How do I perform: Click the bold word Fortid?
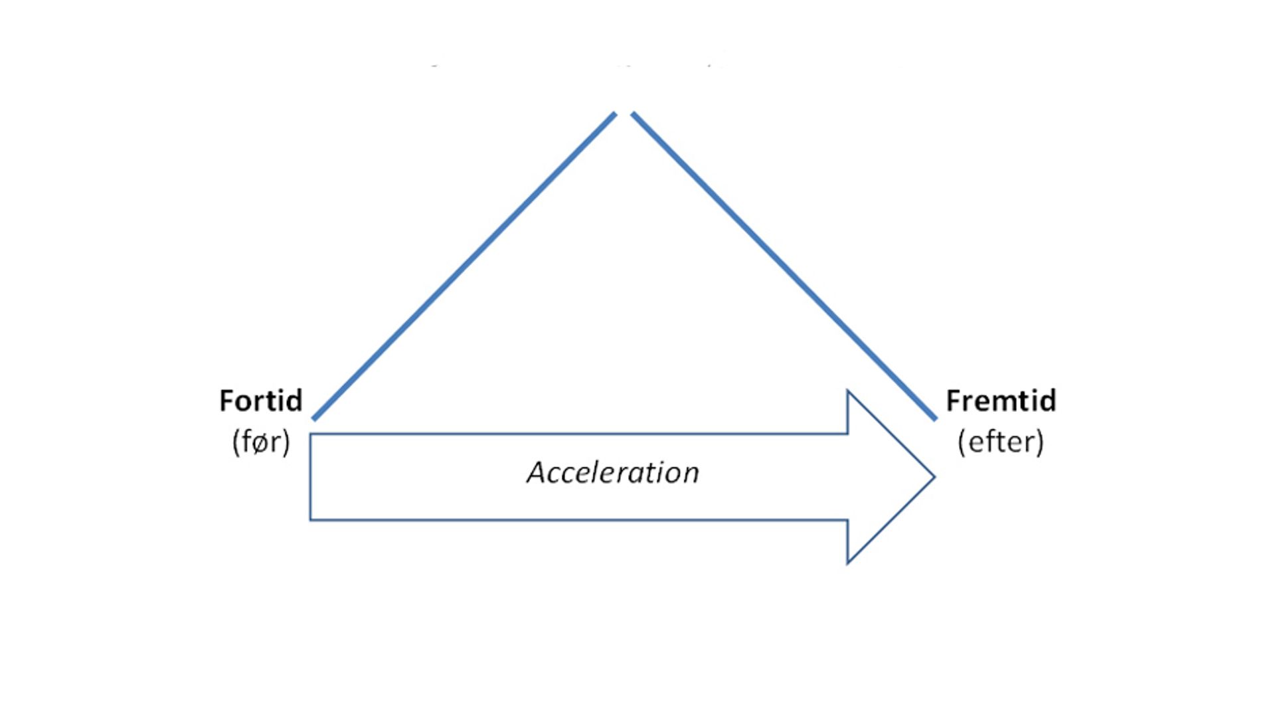(260, 401)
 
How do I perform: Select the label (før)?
(261, 442)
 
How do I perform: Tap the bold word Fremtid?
(1001, 401)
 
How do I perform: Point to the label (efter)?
(1001, 442)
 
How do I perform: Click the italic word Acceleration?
(613, 473)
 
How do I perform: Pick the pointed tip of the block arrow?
(934, 477)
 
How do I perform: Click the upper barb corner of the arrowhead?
(848, 391)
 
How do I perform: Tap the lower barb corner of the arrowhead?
(848, 563)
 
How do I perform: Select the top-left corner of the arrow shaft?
(311, 434)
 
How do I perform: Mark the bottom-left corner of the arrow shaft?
(311, 519)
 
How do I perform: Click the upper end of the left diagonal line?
(615, 114)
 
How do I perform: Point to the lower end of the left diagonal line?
(314, 418)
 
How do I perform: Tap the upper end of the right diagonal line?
(633, 114)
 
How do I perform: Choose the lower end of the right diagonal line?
(935, 418)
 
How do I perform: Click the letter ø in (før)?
(261, 442)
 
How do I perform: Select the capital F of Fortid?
(226, 401)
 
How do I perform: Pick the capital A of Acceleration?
(537, 473)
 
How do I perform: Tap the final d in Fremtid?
(1048, 401)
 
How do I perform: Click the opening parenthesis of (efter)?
(962, 442)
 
